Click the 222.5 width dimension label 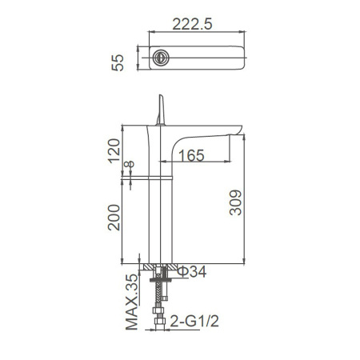pos(192,24)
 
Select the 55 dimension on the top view pos(118,62)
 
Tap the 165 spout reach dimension pos(191,155)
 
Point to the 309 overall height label pos(235,202)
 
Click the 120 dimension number pos(114,150)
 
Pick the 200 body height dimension pos(114,218)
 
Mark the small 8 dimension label pos(130,164)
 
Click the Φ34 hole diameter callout pos(192,272)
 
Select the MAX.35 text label pos(132,302)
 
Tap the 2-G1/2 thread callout pos(194,321)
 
